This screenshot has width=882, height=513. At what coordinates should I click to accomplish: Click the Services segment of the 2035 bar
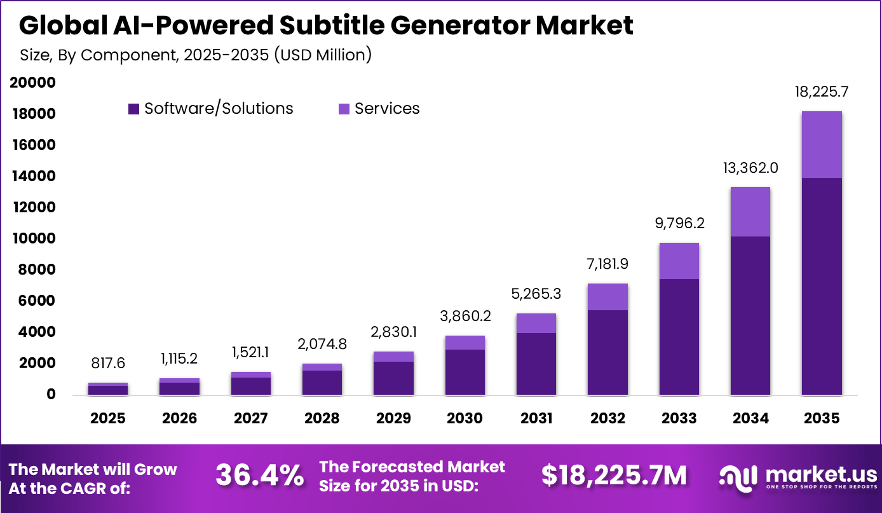(822, 144)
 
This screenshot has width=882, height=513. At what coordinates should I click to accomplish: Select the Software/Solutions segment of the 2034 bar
(750, 315)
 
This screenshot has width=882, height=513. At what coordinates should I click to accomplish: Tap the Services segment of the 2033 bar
(679, 261)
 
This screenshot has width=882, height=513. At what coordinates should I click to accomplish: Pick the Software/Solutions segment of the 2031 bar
(536, 364)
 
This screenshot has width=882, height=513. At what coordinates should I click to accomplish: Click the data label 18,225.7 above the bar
(822, 92)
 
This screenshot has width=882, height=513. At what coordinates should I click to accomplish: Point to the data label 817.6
(107, 363)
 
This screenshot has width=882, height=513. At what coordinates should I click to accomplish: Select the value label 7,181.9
(607, 264)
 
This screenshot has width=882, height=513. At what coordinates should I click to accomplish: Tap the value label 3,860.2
(465, 316)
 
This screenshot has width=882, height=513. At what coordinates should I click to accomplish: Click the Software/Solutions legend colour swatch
(133, 109)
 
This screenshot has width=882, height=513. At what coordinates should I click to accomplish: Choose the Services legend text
(387, 109)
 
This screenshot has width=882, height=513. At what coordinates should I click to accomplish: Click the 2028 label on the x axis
(322, 418)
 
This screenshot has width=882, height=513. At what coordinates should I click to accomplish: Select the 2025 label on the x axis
(107, 418)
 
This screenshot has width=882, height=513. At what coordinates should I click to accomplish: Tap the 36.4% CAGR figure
(259, 475)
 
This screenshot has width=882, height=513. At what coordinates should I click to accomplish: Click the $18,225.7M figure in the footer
(614, 475)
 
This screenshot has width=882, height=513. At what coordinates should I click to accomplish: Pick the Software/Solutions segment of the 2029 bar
(393, 378)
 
